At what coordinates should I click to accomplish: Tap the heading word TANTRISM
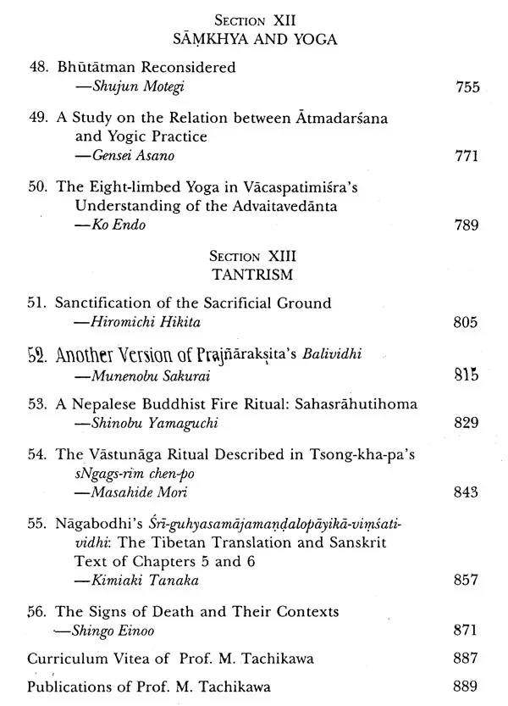pyautogui.click(x=254, y=275)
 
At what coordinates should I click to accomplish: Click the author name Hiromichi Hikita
pyautogui.click(x=124, y=323)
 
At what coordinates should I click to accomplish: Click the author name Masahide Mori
pyautogui.click(x=114, y=492)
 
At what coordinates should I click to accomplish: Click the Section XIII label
pyautogui.click(x=254, y=256)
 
